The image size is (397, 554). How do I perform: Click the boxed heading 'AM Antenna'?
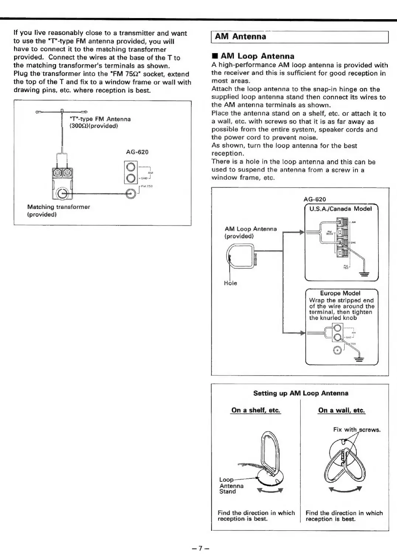click(x=240, y=36)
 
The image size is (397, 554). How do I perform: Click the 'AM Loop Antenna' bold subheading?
click(x=253, y=56)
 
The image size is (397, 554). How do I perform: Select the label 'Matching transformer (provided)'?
click(x=59, y=210)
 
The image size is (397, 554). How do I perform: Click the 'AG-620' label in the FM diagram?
click(x=137, y=152)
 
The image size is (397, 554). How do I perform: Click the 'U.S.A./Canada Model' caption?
click(x=340, y=209)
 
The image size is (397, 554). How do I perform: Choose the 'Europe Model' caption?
click(x=340, y=293)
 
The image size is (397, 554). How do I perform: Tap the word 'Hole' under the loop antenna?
click(x=230, y=283)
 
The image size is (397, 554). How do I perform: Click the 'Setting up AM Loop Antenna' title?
click(x=300, y=393)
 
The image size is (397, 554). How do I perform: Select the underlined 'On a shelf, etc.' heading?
click(x=256, y=410)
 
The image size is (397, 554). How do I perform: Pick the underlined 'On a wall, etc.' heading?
click(x=341, y=410)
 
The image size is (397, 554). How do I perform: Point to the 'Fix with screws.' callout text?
click(x=356, y=430)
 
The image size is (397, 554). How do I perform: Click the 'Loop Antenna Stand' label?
click(x=231, y=485)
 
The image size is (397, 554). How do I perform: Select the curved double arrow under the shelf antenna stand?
click(x=270, y=491)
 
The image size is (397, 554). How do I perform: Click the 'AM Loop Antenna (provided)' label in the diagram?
click(x=250, y=232)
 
